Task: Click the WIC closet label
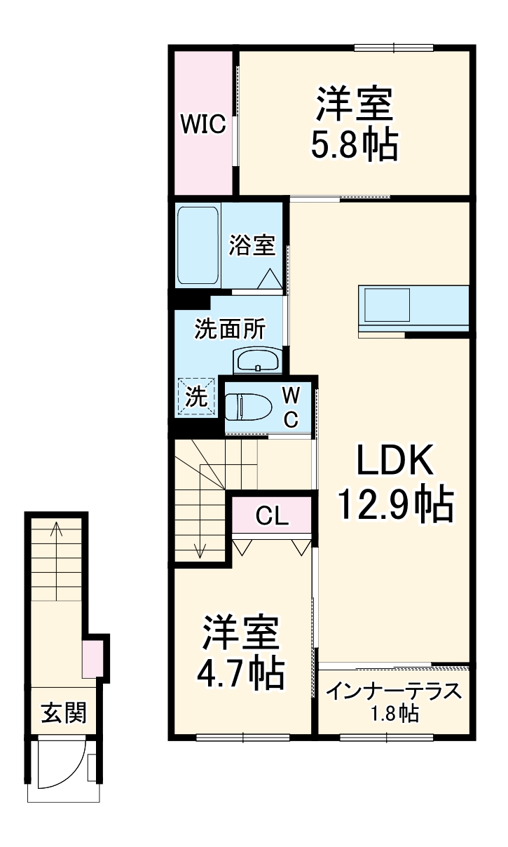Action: pyautogui.click(x=202, y=124)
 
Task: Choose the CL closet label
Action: pyautogui.click(x=272, y=517)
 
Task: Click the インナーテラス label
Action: pyautogui.click(x=394, y=691)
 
